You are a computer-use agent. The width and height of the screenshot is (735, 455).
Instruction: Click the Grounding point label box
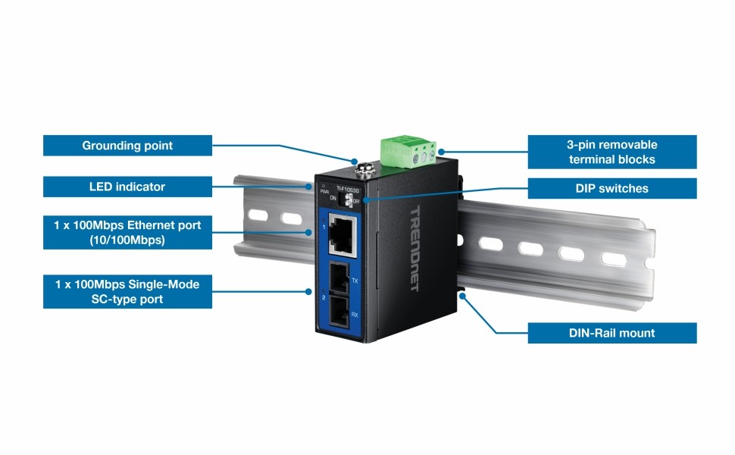[127, 146]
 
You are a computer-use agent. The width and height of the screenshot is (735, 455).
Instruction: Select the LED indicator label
[127, 187]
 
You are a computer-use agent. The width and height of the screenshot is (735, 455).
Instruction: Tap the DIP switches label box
[611, 188]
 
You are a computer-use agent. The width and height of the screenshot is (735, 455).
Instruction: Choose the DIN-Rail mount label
[611, 333]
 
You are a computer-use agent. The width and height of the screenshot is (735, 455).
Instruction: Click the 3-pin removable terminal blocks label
[611, 152]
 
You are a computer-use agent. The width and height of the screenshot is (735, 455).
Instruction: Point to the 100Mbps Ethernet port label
[127, 232]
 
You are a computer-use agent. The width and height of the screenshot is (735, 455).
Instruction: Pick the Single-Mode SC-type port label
[127, 291]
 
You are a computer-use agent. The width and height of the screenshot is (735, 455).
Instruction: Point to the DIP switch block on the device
[351, 199]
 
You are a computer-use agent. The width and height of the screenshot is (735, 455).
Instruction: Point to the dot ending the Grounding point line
[354, 161]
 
